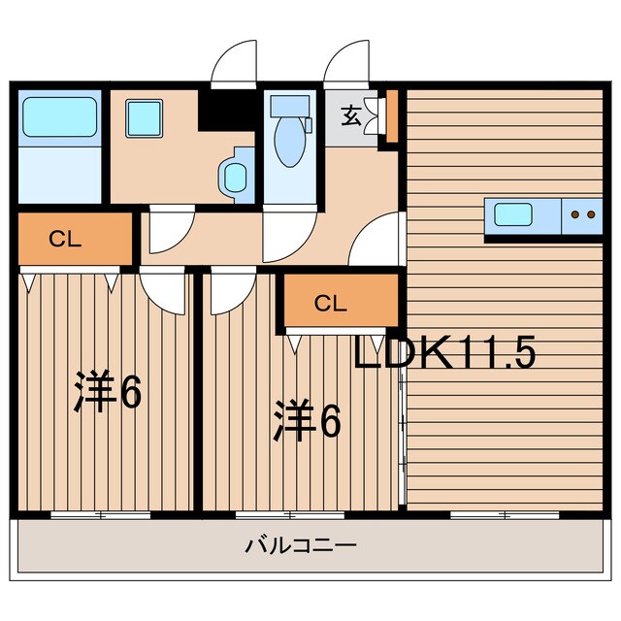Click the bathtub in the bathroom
point(60,117)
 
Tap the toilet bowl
point(290,142)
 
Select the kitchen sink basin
point(513,214)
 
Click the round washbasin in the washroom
point(235,178)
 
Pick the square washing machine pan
point(145,118)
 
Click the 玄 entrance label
point(351,115)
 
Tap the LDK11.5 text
point(444,352)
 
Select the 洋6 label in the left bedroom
point(108,391)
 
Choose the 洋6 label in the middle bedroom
point(308,420)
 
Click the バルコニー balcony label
point(301,545)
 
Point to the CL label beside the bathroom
point(65,240)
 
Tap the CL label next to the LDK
point(331,304)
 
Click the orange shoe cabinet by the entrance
point(392,116)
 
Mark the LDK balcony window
point(505,515)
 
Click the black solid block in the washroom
point(226,111)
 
